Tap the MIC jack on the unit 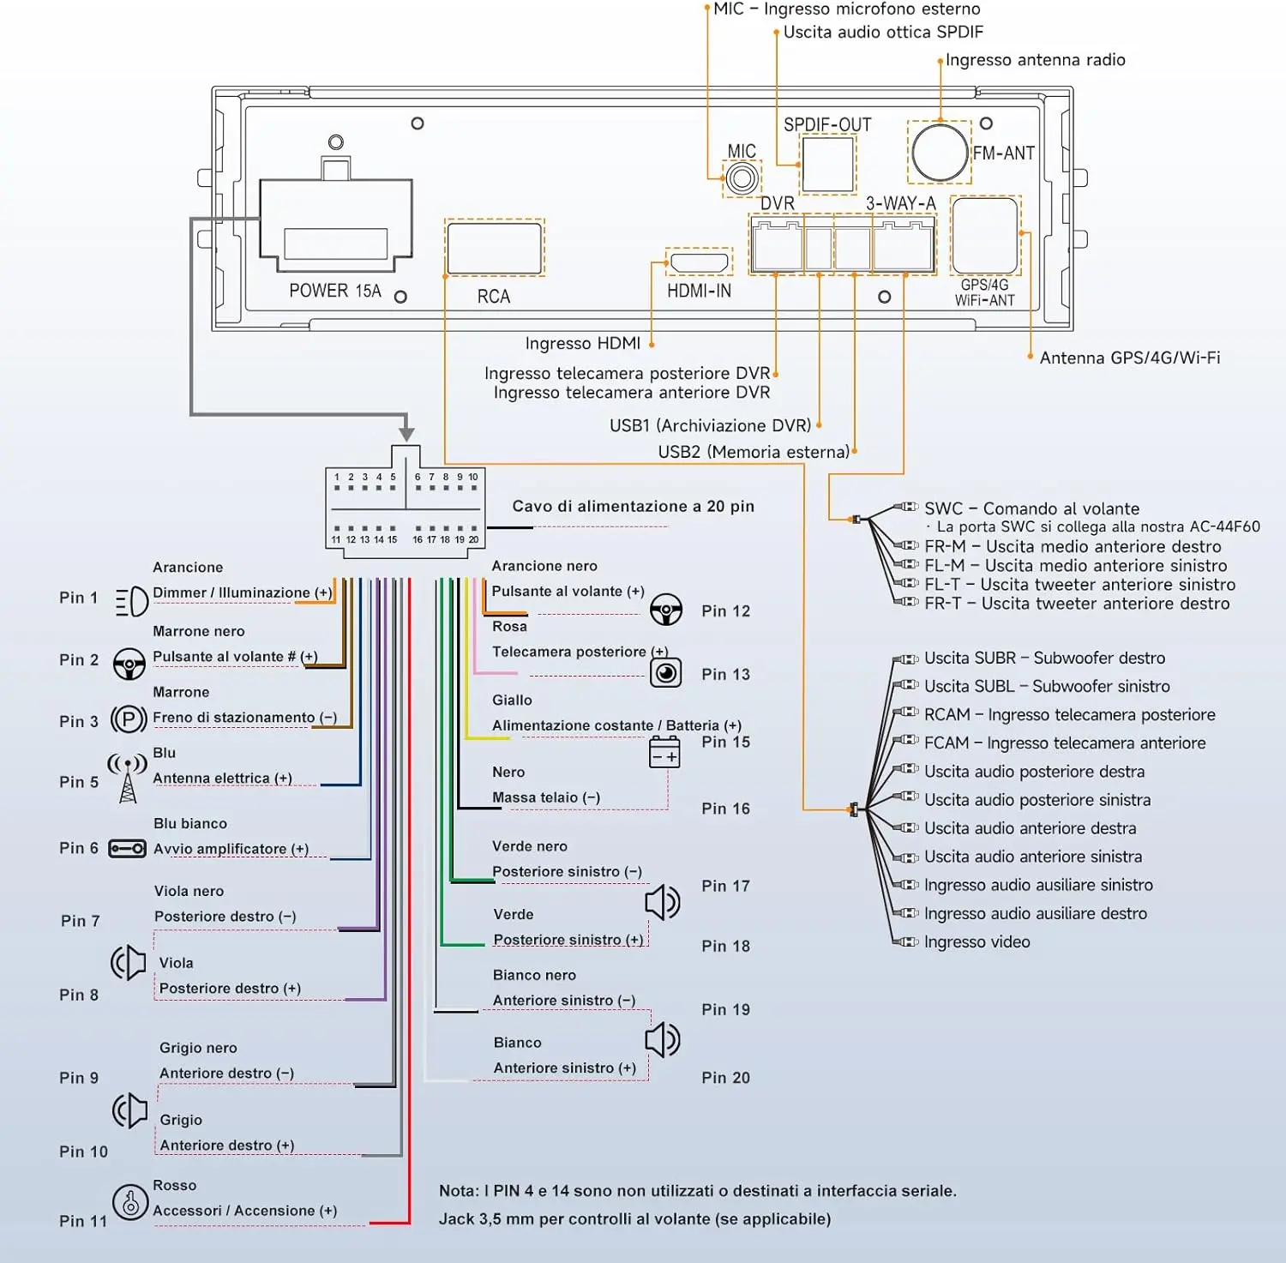742,178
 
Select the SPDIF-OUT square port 827,164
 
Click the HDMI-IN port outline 699,262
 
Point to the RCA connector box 495,247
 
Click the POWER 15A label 335,291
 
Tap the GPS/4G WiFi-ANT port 985,235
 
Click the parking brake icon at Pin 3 129,719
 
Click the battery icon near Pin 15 664,752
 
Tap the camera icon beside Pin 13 665,672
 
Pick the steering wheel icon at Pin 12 666,609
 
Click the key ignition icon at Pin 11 130,1201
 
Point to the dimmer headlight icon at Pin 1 132,602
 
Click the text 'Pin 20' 725,1078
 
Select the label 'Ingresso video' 977,942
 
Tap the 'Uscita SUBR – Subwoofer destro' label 1044,659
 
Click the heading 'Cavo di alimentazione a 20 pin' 634,506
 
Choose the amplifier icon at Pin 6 128,849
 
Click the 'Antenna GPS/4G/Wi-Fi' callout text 1130,358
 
